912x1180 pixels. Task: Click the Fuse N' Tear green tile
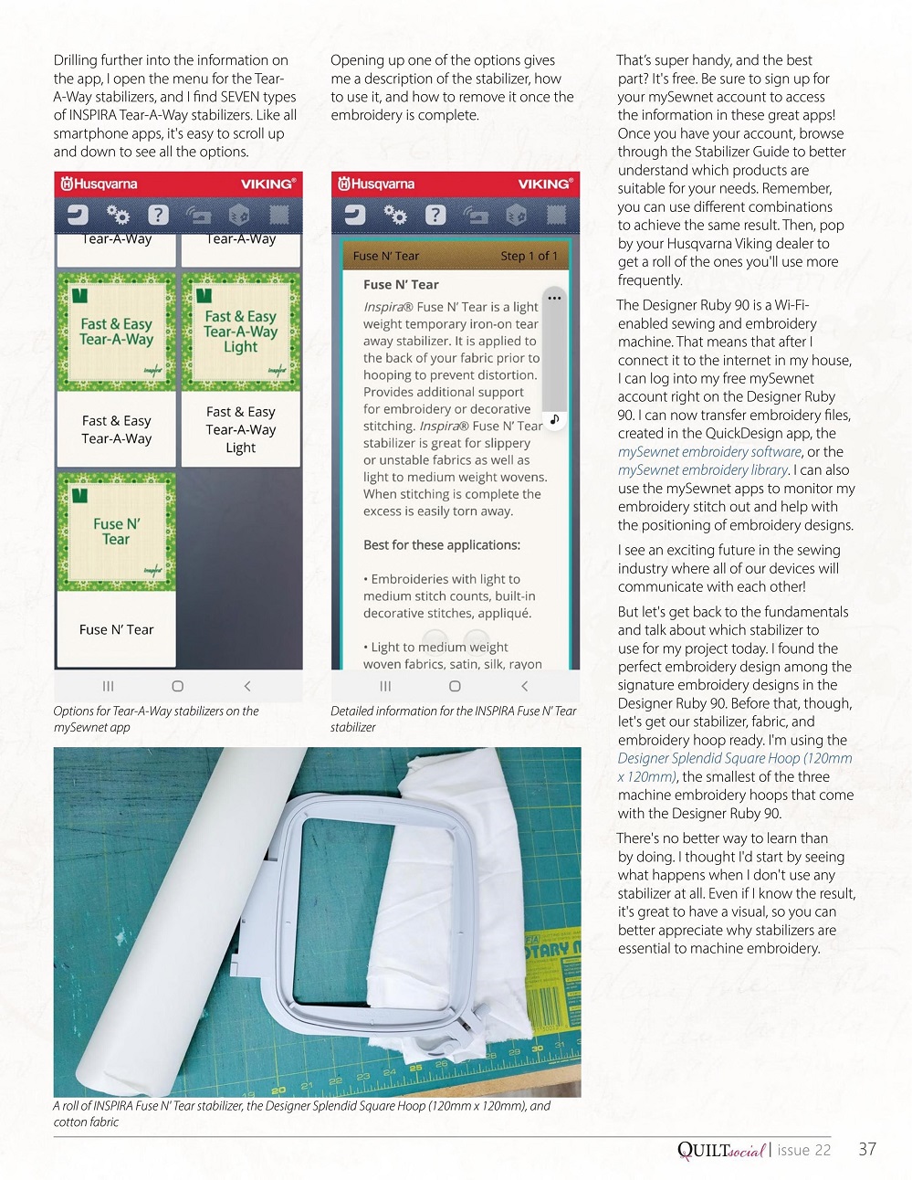point(116,532)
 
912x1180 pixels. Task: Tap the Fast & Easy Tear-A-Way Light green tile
point(241,332)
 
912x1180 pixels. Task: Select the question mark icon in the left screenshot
point(158,215)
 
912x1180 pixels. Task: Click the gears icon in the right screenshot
point(394,215)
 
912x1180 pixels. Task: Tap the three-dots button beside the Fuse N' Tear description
point(554,298)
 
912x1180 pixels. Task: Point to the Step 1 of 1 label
point(529,256)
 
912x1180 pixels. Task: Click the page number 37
point(867,1149)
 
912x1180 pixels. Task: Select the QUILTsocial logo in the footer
point(720,1150)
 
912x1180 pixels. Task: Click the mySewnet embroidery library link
point(703,469)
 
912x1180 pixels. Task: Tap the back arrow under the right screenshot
point(524,686)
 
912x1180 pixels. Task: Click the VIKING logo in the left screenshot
point(267,184)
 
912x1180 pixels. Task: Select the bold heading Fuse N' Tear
point(401,284)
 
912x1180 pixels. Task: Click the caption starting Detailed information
point(453,719)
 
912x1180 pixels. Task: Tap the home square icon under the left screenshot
point(177,686)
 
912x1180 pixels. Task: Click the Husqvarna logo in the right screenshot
point(376,184)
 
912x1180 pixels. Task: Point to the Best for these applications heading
point(442,544)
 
